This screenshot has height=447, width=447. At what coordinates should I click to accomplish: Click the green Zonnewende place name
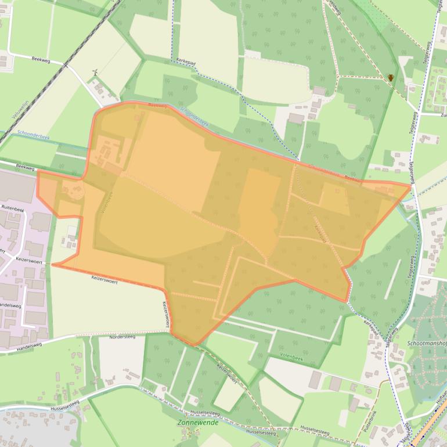[194, 423]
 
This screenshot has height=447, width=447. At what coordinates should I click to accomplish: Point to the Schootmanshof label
[427, 343]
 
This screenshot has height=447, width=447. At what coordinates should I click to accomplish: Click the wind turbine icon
[95, 73]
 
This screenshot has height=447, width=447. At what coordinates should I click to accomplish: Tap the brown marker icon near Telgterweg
[391, 77]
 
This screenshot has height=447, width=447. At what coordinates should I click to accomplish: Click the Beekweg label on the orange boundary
[157, 106]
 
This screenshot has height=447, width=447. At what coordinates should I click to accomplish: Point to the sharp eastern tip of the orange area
[410, 186]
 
